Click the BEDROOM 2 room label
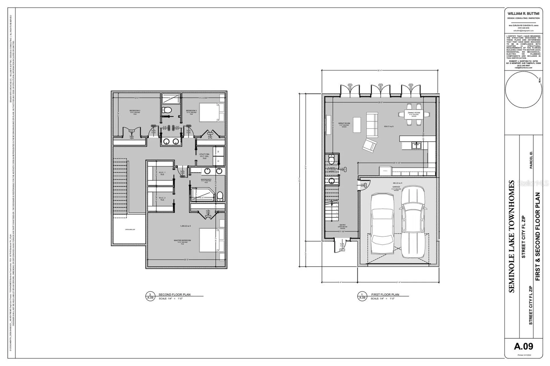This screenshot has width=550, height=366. click(135, 110)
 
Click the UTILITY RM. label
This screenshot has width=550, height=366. click(204, 155)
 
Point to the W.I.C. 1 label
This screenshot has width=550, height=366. click(162, 173)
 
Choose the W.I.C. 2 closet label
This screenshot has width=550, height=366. click(162, 198)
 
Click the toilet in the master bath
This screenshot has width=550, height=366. click(220, 196)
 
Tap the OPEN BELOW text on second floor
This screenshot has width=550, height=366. click(130, 230)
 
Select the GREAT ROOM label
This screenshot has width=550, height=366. click(344, 123)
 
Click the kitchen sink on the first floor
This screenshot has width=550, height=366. click(417, 146)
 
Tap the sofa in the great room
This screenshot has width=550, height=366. click(372, 124)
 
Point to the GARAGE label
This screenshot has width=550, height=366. click(396, 187)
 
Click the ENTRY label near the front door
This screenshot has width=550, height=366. click(343, 225)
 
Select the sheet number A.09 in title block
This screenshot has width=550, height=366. click(524, 346)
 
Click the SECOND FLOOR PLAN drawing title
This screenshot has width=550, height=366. click(174, 294)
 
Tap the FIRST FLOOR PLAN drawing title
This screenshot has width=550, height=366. click(385, 294)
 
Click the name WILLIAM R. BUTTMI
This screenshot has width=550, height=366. click(524, 13)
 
